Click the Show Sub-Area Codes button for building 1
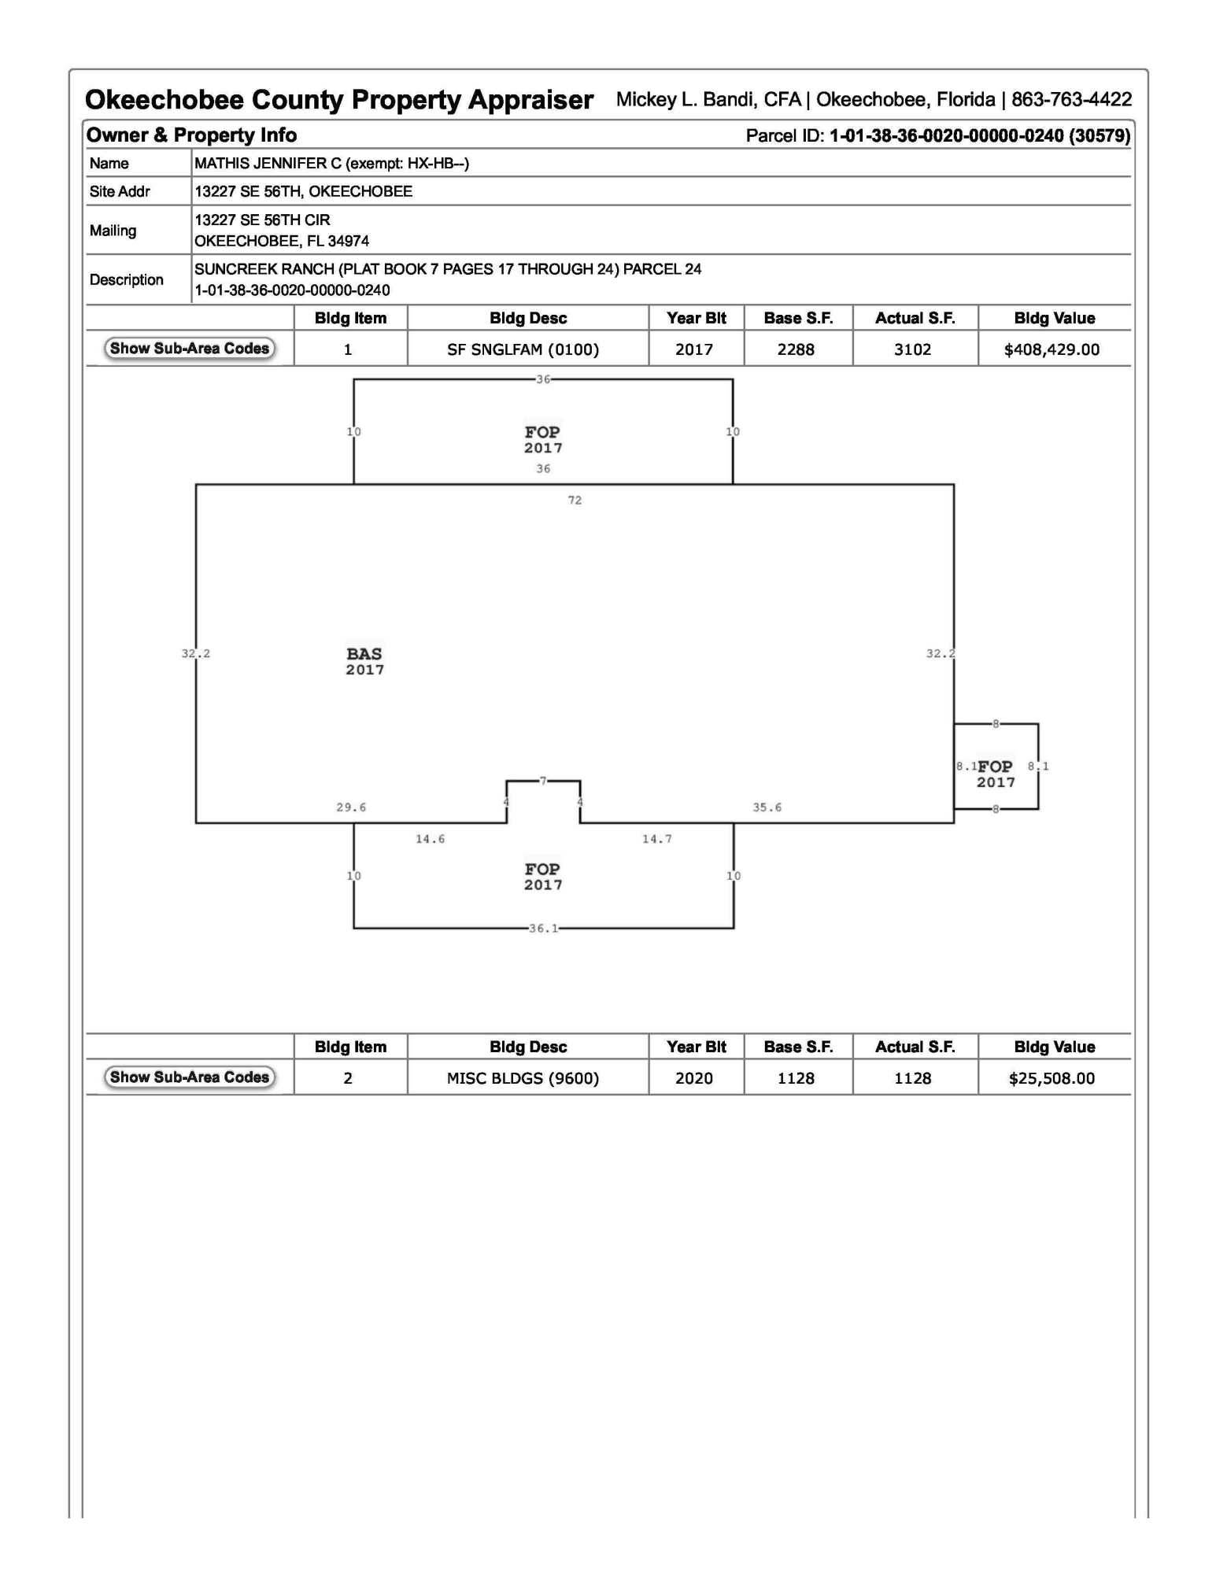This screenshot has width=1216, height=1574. click(190, 349)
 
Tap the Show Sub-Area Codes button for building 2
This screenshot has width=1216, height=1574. click(190, 1077)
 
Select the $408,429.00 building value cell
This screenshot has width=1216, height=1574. click(1052, 349)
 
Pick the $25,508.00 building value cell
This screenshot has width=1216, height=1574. click(1052, 1078)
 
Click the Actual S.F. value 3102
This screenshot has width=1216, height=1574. click(912, 349)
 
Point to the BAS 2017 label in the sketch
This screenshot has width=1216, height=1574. click(364, 661)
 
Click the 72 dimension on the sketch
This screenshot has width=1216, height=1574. click(575, 501)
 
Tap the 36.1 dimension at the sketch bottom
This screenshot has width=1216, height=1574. click(543, 929)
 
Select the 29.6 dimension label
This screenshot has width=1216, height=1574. click(351, 807)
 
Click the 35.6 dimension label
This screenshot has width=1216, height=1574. click(767, 807)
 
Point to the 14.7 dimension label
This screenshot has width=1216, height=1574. click(656, 839)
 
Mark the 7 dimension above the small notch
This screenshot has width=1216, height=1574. click(543, 781)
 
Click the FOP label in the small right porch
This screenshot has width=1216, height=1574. click(996, 767)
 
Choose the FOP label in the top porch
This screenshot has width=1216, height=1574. click(542, 432)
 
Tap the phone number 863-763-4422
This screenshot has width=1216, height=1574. click(1071, 100)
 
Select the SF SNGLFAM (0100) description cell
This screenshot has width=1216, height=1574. click(523, 349)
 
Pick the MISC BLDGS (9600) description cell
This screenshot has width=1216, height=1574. click(523, 1078)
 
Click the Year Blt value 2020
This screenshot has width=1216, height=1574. click(693, 1078)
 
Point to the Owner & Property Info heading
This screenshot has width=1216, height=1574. click(191, 135)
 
